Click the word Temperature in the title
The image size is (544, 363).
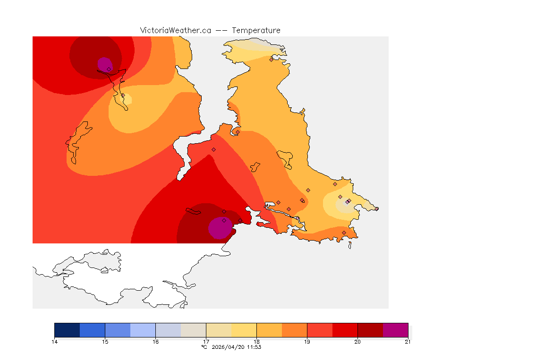[256, 30]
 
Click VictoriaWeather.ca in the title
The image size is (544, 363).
[175, 30]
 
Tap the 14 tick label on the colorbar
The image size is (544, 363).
[55, 341]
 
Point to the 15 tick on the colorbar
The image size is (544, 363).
[105, 341]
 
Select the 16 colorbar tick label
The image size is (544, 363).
[155, 341]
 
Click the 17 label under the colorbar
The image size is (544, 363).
[206, 341]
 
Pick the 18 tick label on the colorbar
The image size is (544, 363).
[256, 341]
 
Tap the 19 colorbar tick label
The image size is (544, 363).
[307, 341]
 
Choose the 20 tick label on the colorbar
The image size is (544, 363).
[357, 341]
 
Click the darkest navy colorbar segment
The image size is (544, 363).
[67, 330]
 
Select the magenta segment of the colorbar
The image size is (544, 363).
[395, 330]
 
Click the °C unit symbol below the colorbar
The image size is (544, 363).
[204, 347]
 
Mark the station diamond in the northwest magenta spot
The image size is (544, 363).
[109, 69]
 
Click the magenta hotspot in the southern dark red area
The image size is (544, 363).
[220, 228]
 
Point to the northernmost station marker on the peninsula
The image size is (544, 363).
[271, 60]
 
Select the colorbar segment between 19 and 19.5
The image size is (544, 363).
[320, 330]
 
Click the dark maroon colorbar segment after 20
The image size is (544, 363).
[370, 330]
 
